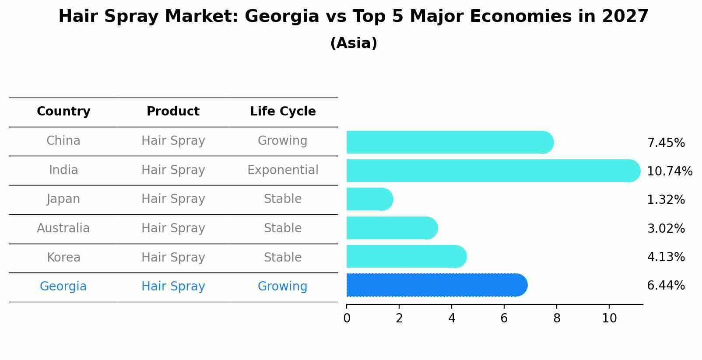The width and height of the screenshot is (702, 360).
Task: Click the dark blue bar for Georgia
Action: click(x=436, y=285)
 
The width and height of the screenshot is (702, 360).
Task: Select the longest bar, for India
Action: click(x=492, y=171)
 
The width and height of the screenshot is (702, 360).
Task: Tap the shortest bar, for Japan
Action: click(x=369, y=199)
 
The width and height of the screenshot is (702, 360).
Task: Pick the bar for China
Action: click(x=449, y=142)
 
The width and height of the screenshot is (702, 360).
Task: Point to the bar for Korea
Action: click(x=406, y=256)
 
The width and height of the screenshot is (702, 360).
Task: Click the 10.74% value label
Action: click(x=669, y=171)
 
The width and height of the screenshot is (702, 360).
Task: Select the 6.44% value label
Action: click(x=666, y=286)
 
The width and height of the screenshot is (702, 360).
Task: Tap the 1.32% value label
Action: click(x=666, y=200)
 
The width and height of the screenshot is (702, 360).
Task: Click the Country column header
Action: click(x=63, y=112)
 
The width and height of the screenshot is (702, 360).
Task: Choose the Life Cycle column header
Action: click(x=283, y=112)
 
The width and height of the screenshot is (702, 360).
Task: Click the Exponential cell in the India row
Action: click(x=283, y=170)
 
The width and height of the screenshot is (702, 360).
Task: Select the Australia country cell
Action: click(x=63, y=228)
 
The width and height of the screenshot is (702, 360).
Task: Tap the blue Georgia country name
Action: click(x=63, y=287)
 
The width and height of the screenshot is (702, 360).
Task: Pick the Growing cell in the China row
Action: click(x=283, y=141)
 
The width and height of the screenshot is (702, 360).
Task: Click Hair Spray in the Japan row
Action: click(x=173, y=199)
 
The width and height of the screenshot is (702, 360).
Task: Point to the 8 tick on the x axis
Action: click(x=557, y=318)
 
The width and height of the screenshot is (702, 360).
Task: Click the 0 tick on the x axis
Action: click(x=347, y=318)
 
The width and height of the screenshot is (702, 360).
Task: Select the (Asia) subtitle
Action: click(x=354, y=43)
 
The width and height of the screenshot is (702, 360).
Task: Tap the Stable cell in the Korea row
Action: click(x=283, y=258)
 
